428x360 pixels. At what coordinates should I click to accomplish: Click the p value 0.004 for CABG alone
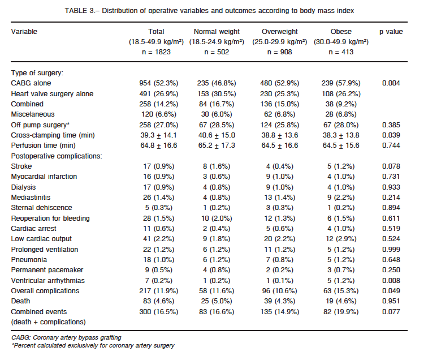coord(391,83)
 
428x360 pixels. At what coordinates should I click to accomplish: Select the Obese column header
coord(341,32)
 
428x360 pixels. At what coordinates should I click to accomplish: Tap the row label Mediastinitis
coord(31,198)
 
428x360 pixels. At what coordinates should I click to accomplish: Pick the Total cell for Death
coord(158,301)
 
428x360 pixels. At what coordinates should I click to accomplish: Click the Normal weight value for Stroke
coord(217,166)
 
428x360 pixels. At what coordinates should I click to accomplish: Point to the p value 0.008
coord(391,280)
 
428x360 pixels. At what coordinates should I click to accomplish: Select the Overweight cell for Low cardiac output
coord(279,239)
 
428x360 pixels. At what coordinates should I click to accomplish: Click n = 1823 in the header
coord(156,52)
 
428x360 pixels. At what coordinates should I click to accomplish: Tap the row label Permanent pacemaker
coord(47,270)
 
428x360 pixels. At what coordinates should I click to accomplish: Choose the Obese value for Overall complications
coord(341,291)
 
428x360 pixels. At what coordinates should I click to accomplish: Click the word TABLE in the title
coord(76,11)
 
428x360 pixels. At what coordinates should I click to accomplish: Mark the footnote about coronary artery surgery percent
coord(93,345)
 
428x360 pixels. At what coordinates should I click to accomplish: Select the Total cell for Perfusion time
coord(158,145)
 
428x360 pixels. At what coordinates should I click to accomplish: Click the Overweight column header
coord(279,32)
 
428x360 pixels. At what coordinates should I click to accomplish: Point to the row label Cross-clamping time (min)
coord(53,135)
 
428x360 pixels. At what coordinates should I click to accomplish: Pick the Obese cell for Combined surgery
coord(341,104)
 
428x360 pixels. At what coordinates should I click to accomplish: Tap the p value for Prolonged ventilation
coord(391,250)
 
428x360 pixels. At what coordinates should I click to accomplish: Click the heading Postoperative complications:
coord(57,156)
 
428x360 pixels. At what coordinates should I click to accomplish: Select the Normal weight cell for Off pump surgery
coord(217,125)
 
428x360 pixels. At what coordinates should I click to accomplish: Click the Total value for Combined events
coord(158,312)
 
